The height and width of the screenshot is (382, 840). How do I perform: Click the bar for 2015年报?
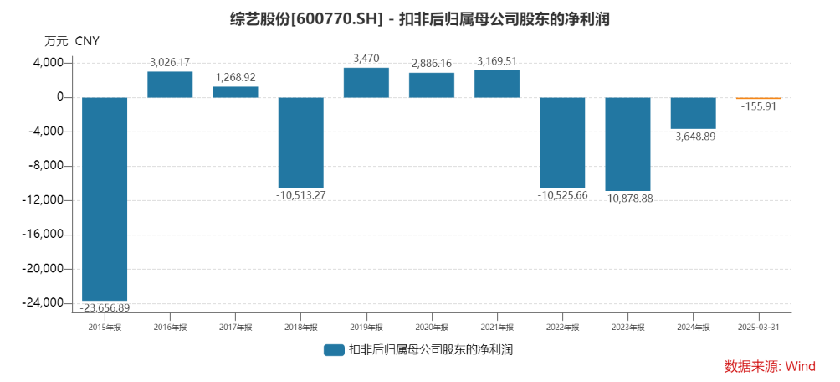(x=105, y=199)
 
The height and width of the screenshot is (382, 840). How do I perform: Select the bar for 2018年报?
(x=300, y=142)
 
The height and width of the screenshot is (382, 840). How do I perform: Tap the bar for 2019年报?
(x=366, y=82)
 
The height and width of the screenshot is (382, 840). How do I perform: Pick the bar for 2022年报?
(x=561, y=142)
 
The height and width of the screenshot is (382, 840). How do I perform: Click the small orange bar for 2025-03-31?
(x=758, y=98)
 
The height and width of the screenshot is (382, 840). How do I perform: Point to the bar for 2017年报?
(x=235, y=92)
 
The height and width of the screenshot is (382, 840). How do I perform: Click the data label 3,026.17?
(x=170, y=62)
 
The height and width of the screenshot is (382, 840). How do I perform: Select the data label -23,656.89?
(x=105, y=308)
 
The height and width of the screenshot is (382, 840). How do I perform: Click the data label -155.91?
(x=758, y=106)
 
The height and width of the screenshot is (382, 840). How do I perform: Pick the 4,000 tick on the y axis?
(x=49, y=63)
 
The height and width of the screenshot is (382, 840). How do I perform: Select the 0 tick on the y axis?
(x=61, y=97)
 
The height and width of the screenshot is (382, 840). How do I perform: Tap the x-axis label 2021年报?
(x=496, y=327)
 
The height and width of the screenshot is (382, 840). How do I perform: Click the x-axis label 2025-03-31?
(x=758, y=327)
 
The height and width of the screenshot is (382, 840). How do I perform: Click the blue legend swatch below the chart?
(x=334, y=350)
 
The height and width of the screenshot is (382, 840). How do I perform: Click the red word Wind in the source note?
(x=801, y=366)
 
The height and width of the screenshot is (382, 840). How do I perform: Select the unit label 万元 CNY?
(x=71, y=40)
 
